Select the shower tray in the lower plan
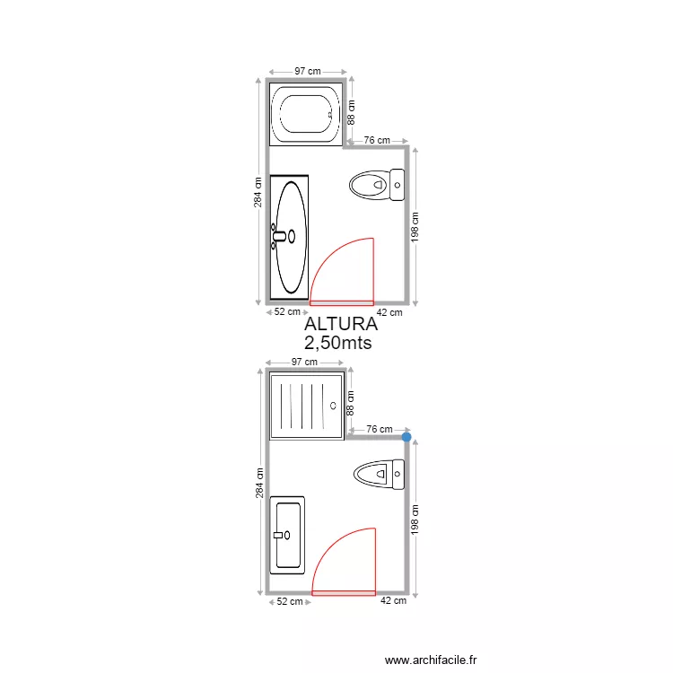[x=307, y=406]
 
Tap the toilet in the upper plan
[x=377, y=186]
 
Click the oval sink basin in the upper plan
[x=291, y=237]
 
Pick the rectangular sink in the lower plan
[x=288, y=535]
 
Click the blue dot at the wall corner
[x=406, y=437]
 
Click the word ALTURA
[x=338, y=324]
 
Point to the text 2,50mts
[x=338, y=343]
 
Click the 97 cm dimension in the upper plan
[x=308, y=70]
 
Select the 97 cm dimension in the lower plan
[x=306, y=362]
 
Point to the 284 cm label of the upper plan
[x=258, y=190]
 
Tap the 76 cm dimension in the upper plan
[x=377, y=140]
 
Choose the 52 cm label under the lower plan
[x=288, y=602]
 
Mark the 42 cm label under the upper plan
[x=389, y=312]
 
